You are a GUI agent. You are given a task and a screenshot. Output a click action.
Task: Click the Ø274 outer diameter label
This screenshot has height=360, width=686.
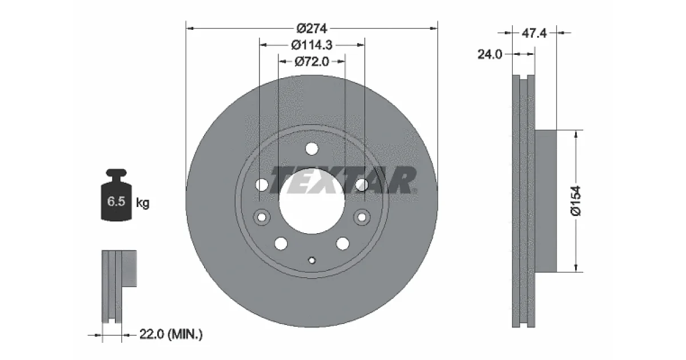click(x=312, y=29)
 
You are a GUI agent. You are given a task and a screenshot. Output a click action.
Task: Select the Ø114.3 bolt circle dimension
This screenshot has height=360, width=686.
click(x=312, y=45)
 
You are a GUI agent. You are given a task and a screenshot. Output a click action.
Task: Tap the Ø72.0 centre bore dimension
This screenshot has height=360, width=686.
click(x=312, y=62)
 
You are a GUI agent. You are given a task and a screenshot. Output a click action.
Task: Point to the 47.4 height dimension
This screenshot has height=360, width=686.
click(x=534, y=33)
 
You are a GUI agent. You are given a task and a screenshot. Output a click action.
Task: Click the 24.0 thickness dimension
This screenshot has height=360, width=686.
click(x=490, y=54)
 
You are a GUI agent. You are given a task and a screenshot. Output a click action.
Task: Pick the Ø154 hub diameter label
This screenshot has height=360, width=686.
click(x=576, y=201)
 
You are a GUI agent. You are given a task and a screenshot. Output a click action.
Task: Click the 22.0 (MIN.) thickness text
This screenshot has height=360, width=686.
click(x=171, y=334)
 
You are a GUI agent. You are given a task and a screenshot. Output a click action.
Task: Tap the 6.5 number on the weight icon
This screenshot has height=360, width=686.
click(x=116, y=201)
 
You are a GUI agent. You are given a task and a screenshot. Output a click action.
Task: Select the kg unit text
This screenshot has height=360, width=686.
click(x=143, y=203)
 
